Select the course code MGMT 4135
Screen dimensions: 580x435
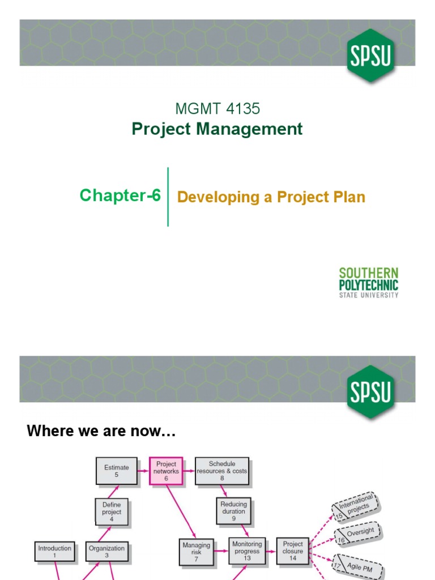[218, 108]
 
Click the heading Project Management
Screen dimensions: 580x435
[217, 129]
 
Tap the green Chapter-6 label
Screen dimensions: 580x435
[120, 195]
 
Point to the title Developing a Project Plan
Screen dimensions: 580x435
[271, 197]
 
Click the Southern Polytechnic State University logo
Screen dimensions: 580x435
[369, 282]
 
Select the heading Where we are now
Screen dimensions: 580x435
[102, 432]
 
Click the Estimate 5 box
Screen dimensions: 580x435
[117, 471]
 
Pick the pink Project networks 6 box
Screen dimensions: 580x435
[167, 471]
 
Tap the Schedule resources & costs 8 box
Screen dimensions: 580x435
[222, 471]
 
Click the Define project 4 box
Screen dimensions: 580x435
[112, 512]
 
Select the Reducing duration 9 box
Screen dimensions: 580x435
[234, 511]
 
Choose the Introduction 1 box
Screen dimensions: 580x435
[55, 552]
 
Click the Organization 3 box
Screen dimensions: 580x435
[106, 552]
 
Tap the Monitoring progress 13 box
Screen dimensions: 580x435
[247, 551]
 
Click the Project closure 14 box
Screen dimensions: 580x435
[293, 551]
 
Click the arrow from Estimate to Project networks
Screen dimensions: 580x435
[143, 471]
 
